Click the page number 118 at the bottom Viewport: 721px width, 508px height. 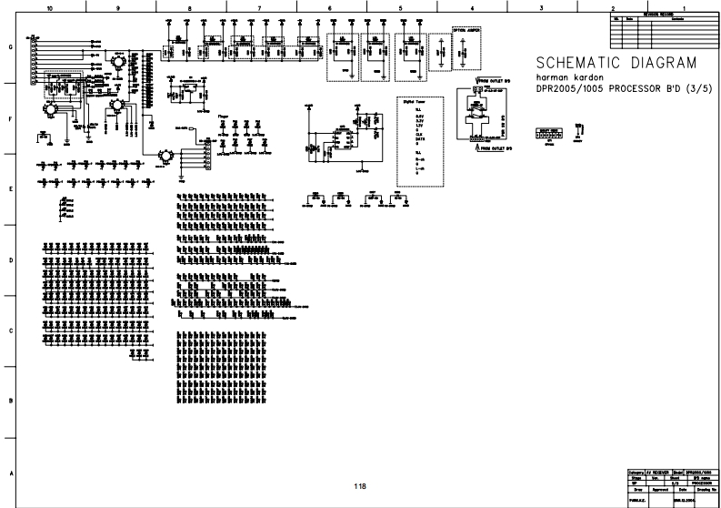pyautogui.click(x=361, y=487)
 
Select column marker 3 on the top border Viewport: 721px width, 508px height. pyautogui.click(x=541, y=7)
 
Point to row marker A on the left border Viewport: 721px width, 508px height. pyautogui.click(x=10, y=472)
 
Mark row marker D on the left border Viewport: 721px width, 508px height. pyautogui.click(x=10, y=260)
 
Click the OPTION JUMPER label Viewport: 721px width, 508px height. pyautogui.click(x=466, y=29)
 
